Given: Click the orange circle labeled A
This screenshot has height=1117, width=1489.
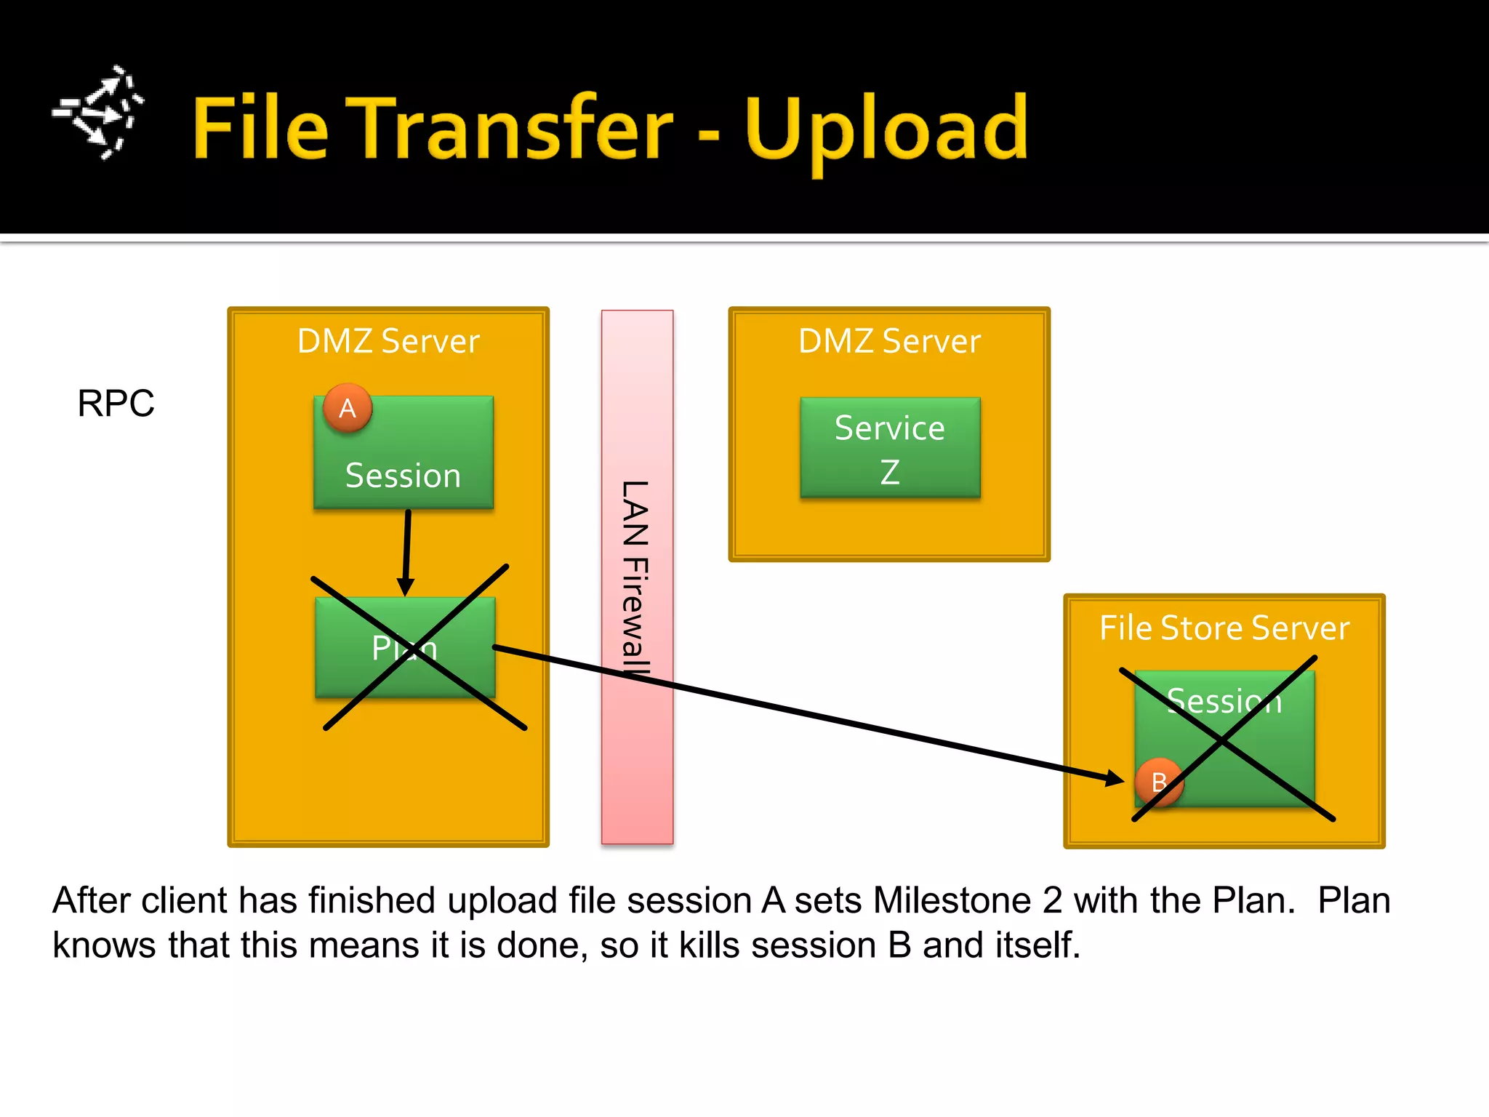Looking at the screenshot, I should coord(348,408).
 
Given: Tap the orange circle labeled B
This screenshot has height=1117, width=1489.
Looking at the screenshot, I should coord(1159,782).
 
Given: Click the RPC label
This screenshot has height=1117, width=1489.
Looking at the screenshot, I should coord(116,403).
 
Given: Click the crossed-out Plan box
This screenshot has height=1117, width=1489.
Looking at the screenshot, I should coord(405,647).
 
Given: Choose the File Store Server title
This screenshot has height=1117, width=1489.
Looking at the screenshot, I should coord(1224,628).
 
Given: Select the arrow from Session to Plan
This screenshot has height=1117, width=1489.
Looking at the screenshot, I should coord(407,553).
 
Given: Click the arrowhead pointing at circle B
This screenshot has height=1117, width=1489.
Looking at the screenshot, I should coord(1113,778).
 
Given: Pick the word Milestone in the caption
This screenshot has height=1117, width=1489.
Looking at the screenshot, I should coord(952,900).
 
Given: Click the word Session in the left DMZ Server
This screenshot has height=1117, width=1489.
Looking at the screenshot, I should coord(403,476).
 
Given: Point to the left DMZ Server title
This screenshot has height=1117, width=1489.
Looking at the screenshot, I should coord(388,341).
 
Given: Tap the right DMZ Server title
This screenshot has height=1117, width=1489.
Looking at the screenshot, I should coord(889,341).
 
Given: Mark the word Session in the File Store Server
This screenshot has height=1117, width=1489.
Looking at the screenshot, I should coord(1224,701).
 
